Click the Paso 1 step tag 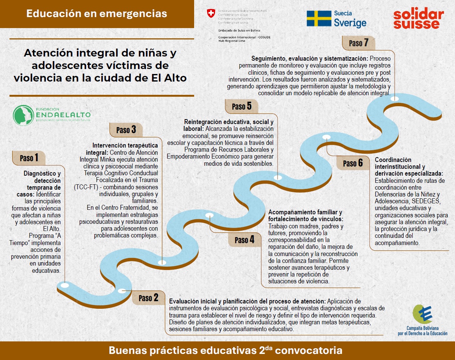pyautogui.click(x=28, y=158)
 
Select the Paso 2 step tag pyautogui.click(x=148, y=298)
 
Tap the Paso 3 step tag pyautogui.click(x=126, y=130)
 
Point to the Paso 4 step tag pyautogui.click(x=244, y=240)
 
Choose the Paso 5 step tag pyautogui.click(x=242, y=106)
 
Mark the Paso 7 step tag pyautogui.click(x=358, y=43)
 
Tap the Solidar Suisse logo pyautogui.click(x=418, y=19)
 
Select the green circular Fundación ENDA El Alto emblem pyautogui.click(x=24, y=115)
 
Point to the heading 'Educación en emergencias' pyautogui.click(x=97, y=14)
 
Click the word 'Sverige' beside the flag pyautogui.click(x=350, y=23)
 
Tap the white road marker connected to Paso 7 pyautogui.click(x=394, y=99)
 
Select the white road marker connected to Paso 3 pyautogui.click(x=162, y=262)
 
